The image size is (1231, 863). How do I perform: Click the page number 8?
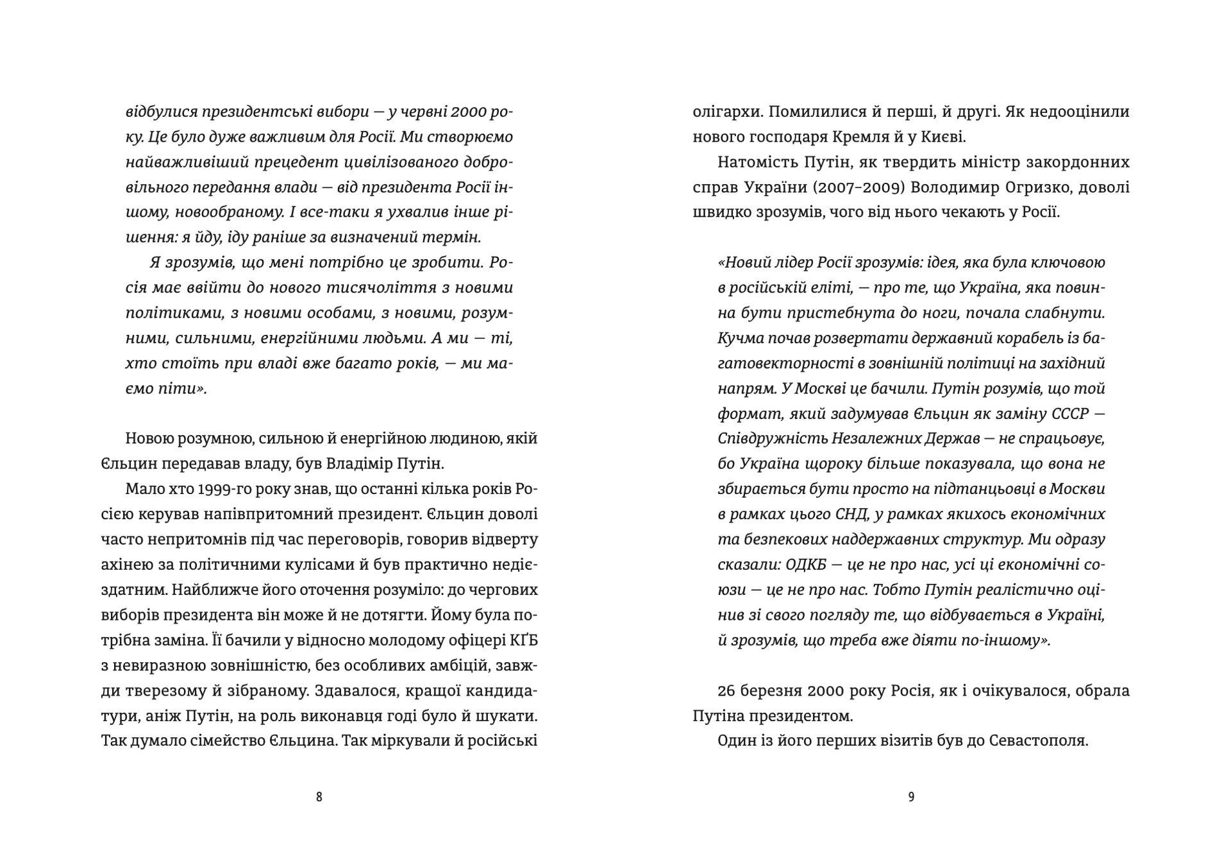[x=319, y=797]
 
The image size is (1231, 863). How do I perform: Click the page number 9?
[x=911, y=797]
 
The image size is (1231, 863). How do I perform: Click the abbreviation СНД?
[x=850, y=515]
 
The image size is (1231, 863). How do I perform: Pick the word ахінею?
[x=126, y=565]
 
